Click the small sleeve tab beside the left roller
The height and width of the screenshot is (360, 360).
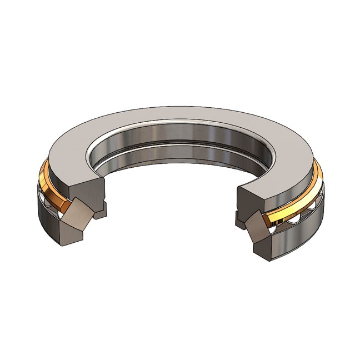pos(101,211)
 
